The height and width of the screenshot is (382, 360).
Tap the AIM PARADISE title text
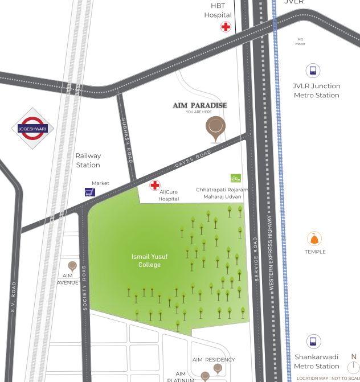click(200, 105)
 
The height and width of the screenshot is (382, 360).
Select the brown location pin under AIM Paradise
click(215, 128)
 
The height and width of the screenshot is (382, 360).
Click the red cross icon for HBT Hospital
click(226, 27)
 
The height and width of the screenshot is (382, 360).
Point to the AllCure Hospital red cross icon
click(155, 185)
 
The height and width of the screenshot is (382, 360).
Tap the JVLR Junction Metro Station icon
click(312, 71)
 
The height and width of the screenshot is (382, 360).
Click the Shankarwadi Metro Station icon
click(312, 342)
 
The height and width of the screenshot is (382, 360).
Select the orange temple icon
click(313, 239)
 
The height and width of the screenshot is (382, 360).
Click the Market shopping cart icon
click(89, 192)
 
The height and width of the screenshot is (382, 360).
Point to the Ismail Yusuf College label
click(149, 261)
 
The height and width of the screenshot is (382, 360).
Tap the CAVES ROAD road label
click(193, 158)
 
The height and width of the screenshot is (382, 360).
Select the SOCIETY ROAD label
click(84, 287)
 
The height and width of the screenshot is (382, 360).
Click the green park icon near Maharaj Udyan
click(235, 178)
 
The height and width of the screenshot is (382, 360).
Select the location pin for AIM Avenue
click(72, 266)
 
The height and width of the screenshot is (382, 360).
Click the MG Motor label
click(300, 42)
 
